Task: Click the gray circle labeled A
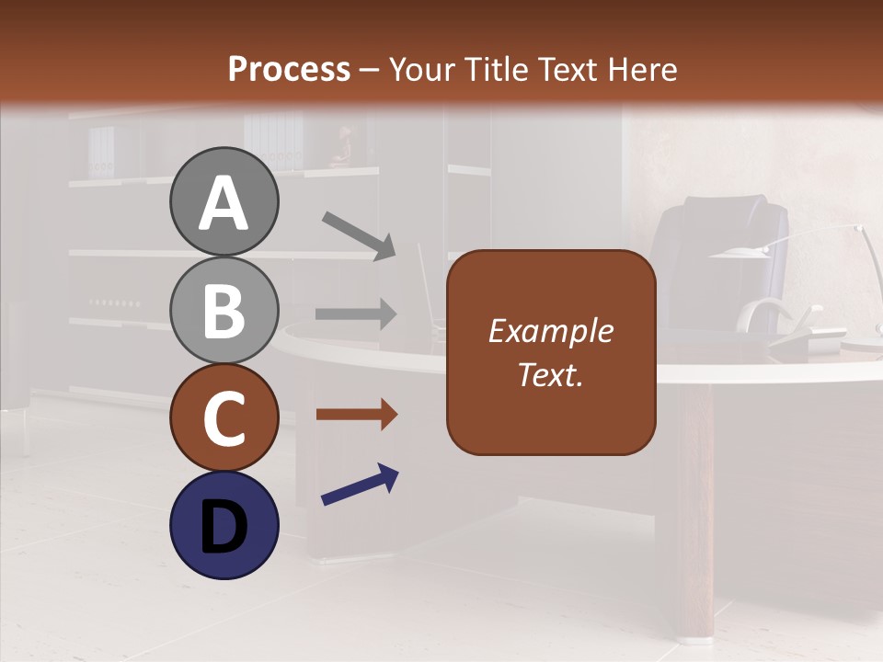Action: click(x=224, y=202)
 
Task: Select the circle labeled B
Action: click(x=224, y=310)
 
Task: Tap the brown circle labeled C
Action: click(x=224, y=418)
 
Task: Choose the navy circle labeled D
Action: click(x=224, y=525)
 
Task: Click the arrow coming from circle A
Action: click(x=359, y=235)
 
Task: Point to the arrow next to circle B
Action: click(x=356, y=314)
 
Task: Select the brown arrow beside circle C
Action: click(x=356, y=415)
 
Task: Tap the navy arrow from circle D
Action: click(x=360, y=485)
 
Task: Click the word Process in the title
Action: click(x=289, y=69)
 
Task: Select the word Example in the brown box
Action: click(x=550, y=331)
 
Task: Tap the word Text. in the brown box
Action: click(x=550, y=374)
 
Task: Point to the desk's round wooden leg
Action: click(x=695, y=510)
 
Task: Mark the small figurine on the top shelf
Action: click(x=342, y=147)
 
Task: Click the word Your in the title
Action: click(x=420, y=69)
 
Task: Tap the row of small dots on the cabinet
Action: click(x=114, y=302)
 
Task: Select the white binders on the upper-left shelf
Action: click(x=102, y=152)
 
